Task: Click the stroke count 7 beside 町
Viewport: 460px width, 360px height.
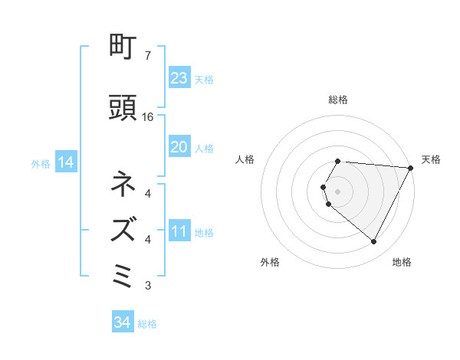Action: click(147, 56)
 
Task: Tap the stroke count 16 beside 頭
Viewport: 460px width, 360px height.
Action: click(148, 117)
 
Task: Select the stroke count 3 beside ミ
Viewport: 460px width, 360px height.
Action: click(147, 286)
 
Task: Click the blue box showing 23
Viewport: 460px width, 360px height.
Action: click(179, 78)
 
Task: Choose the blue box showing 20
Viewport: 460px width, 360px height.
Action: click(179, 147)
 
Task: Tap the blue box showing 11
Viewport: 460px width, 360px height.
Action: click(179, 231)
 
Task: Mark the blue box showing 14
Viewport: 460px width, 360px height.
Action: click(65, 162)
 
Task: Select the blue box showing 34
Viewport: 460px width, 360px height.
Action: click(122, 322)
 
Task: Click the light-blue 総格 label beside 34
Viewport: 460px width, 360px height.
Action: click(147, 324)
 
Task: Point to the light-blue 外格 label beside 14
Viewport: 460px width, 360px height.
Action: click(40, 163)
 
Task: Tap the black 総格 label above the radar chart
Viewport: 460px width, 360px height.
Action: click(338, 100)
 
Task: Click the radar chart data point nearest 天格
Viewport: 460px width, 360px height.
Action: click(411, 168)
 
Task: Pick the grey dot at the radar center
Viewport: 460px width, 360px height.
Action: click(338, 191)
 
